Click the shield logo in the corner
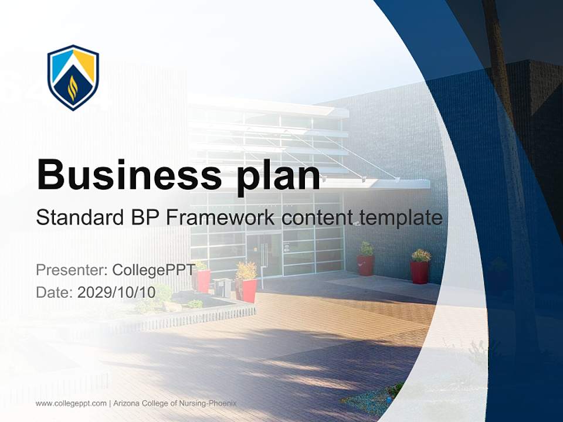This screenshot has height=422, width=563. click(73, 77)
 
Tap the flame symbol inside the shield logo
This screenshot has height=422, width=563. click(73, 88)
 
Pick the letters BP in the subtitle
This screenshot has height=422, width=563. click(143, 218)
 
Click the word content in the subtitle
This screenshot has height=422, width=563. click(320, 218)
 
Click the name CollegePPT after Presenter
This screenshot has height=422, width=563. click(154, 270)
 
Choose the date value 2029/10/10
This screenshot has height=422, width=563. click(116, 292)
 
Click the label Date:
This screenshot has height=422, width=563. click(54, 292)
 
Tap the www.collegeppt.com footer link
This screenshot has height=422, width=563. click(71, 403)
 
